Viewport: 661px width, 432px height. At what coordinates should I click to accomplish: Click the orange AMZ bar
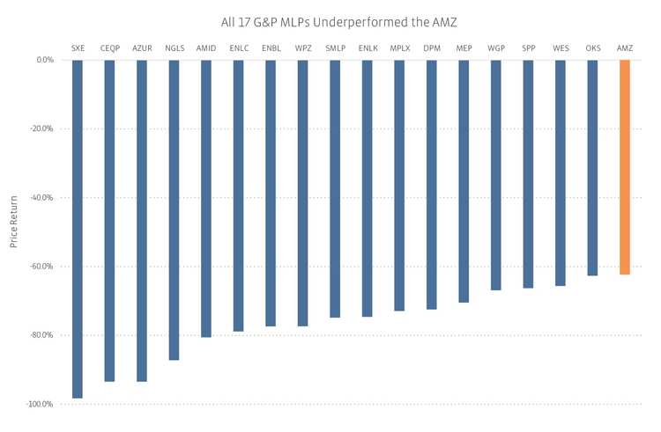click(625, 167)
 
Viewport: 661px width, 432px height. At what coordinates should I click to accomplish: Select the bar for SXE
click(78, 229)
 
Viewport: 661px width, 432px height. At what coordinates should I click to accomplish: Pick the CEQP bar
click(109, 220)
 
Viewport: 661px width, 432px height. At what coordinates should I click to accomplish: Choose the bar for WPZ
click(302, 193)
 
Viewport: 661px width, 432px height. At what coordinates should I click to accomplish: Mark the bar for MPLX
click(399, 185)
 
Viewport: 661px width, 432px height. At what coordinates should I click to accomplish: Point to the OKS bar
click(592, 167)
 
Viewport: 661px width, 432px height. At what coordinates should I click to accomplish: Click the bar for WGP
click(495, 175)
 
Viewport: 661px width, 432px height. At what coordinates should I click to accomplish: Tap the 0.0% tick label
click(45, 60)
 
